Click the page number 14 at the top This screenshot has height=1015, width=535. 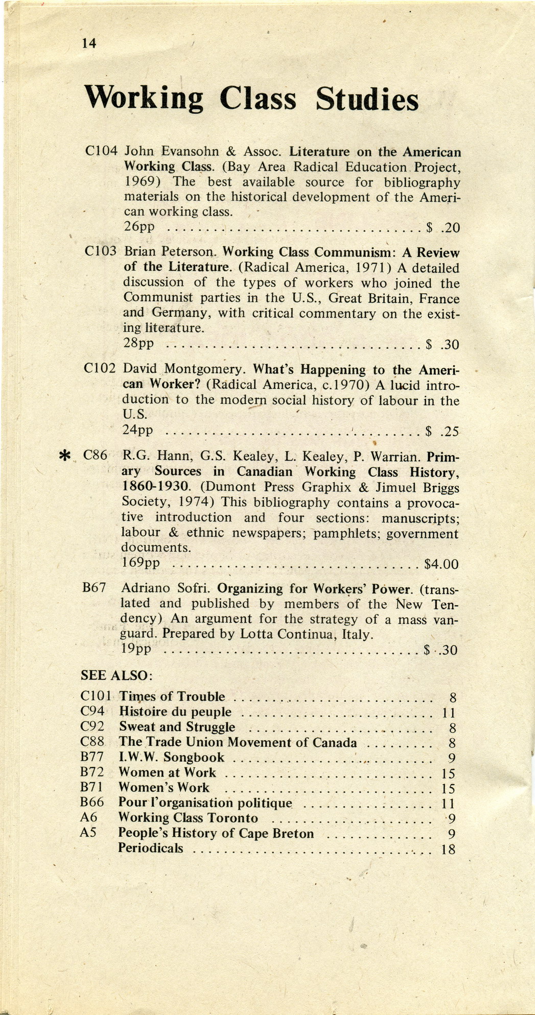[x=89, y=43]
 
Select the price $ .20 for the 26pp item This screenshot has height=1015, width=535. [x=443, y=227]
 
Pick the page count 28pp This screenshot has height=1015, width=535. [x=138, y=343]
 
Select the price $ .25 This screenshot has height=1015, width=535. [x=442, y=432]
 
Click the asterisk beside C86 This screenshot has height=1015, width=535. [x=65, y=456]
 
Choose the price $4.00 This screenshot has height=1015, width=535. [x=441, y=564]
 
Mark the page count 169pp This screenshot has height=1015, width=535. [x=141, y=563]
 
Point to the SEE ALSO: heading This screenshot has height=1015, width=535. [x=117, y=675]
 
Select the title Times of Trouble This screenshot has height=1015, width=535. [x=172, y=697]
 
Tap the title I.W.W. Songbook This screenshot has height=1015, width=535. [x=171, y=758]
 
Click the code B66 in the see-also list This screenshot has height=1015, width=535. [x=92, y=802]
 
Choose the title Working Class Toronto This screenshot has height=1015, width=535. [x=188, y=818]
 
